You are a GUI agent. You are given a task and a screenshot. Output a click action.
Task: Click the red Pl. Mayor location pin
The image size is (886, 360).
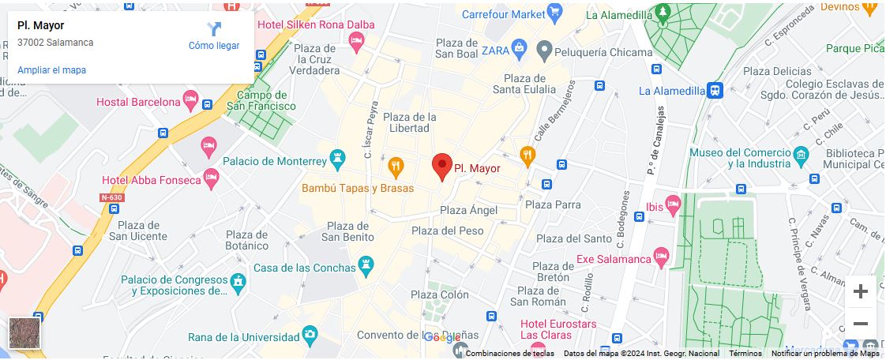(442, 166)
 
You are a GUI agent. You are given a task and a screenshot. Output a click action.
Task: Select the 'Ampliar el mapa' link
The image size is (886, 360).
(51, 70)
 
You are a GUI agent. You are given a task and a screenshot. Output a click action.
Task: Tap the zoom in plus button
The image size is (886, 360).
(860, 291)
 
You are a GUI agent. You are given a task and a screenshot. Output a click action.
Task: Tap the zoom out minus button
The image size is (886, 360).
(860, 324)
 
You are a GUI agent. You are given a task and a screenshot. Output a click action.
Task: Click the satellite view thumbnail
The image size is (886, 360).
(24, 332)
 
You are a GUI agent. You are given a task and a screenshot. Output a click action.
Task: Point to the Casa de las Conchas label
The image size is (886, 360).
(304, 268)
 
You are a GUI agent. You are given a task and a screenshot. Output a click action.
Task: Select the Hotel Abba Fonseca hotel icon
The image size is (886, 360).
(211, 178)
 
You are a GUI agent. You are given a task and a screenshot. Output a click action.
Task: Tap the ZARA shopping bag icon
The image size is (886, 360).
(519, 51)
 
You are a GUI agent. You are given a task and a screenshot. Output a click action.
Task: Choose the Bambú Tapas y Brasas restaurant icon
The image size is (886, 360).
(396, 167)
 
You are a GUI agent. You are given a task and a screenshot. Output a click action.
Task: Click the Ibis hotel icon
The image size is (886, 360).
(672, 205)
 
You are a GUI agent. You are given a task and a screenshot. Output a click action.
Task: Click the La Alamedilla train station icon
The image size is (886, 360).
(715, 91)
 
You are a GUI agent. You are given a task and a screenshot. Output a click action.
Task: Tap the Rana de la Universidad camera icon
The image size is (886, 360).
(310, 336)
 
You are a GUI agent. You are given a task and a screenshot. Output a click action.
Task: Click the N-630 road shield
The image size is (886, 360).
(112, 197)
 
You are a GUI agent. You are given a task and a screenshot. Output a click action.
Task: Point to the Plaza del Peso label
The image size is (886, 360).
(447, 231)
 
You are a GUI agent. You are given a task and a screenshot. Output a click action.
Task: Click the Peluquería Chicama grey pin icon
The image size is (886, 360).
(543, 51)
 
